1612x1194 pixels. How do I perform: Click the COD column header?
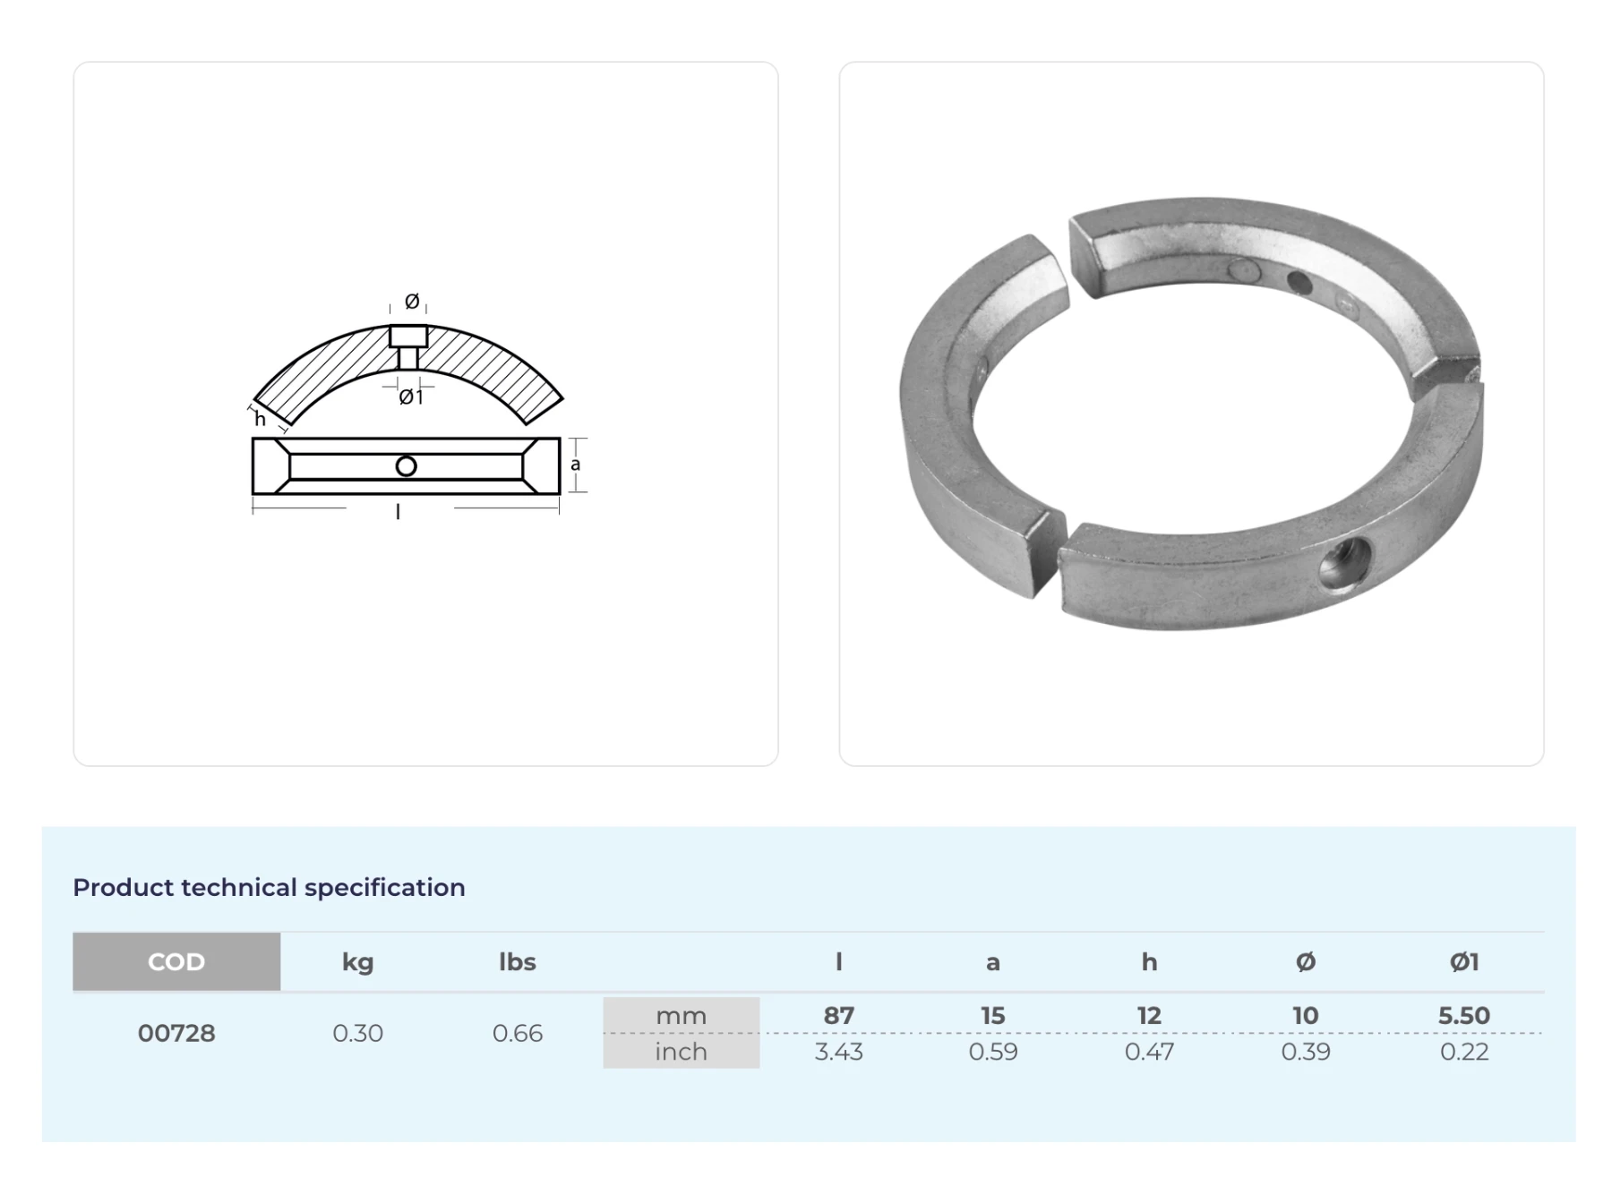point(176,962)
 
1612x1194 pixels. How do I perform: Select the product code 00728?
point(176,1033)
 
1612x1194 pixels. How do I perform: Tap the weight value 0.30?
point(357,1033)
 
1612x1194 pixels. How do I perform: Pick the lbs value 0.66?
point(517,1033)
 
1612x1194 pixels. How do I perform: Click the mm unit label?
point(681,1016)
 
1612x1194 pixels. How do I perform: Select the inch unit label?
point(681,1051)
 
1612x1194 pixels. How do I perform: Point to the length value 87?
point(838,1016)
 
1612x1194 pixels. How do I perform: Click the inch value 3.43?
point(838,1052)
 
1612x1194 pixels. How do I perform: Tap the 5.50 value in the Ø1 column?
point(1463,1016)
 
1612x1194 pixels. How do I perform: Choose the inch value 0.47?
point(1149,1052)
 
